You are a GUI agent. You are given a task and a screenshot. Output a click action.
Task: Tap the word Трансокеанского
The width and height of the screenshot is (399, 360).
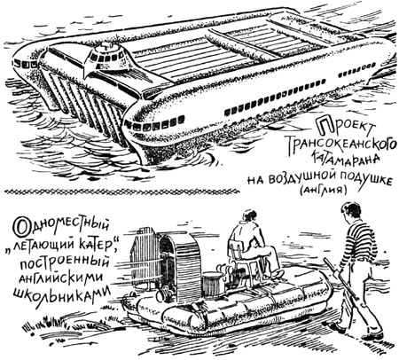pos(342,144)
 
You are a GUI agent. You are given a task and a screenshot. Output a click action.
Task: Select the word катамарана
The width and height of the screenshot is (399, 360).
pos(345,160)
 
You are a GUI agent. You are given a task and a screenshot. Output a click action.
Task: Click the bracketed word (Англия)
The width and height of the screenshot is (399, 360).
pos(323,190)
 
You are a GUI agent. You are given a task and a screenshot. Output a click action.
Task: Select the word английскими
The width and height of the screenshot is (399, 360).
pos(61,278)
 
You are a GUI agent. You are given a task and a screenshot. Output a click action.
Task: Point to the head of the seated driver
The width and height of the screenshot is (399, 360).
pos(249,216)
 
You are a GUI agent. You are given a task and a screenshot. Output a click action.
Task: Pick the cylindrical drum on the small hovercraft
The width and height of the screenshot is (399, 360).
pos(212,284)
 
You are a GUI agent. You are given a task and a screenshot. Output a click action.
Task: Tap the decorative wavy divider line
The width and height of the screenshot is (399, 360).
pos(121,192)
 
